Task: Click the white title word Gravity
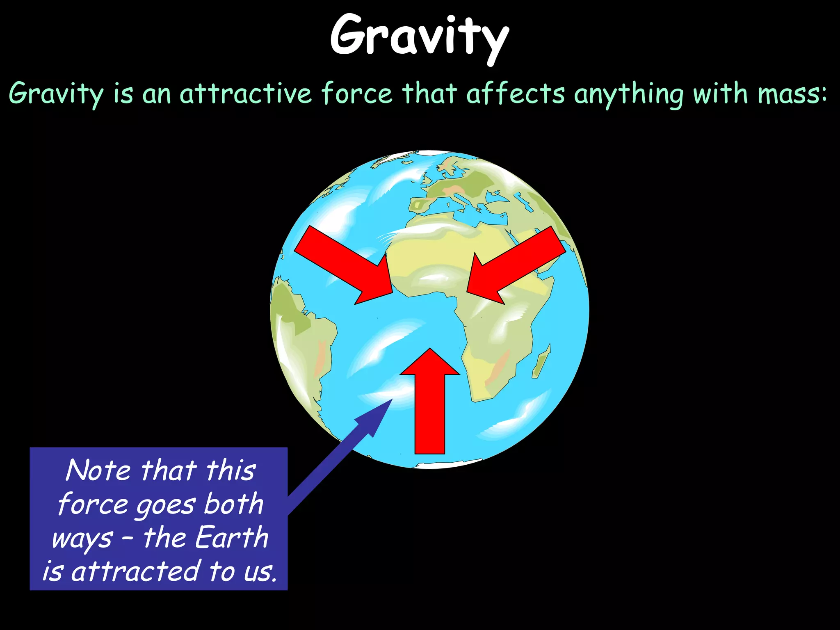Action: (x=419, y=36)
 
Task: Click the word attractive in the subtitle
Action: (x=246, y=94)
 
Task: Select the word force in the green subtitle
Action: (x=356, y=94)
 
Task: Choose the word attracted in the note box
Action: (x=135, y=571)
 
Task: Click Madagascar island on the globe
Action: (x=541, y=361)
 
